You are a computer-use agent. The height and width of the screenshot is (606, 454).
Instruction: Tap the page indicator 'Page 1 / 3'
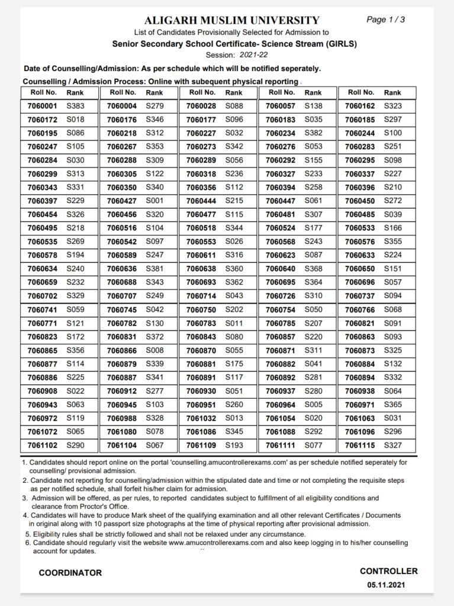386,20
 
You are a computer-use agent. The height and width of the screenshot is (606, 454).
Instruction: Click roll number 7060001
42,106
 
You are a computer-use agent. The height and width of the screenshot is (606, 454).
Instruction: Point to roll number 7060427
122,201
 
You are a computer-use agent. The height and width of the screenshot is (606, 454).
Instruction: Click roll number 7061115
360,444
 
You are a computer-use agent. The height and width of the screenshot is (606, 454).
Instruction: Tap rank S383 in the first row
75,106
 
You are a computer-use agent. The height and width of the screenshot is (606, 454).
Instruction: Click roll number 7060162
360,106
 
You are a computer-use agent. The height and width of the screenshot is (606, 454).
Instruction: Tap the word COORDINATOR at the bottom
70,573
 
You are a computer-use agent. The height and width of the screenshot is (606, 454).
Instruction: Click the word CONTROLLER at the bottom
388,571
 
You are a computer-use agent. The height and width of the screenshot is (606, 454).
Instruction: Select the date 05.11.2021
388,585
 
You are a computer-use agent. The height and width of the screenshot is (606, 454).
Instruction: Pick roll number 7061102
42,444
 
